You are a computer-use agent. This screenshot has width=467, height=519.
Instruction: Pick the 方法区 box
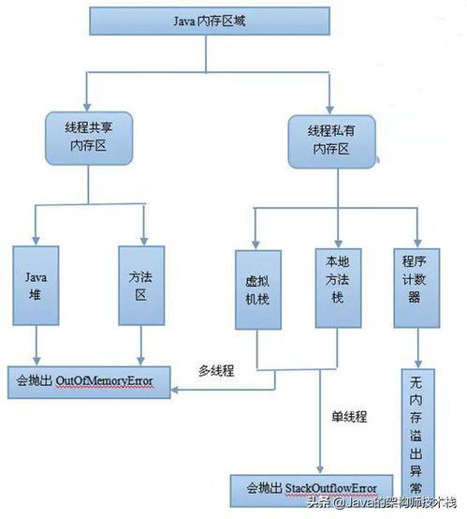point(141,285)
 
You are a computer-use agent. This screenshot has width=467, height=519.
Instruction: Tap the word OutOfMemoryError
point(105,380)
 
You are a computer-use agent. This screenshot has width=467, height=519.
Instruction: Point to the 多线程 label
point(217,370)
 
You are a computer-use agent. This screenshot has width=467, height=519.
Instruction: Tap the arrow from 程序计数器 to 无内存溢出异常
point(415,348)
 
